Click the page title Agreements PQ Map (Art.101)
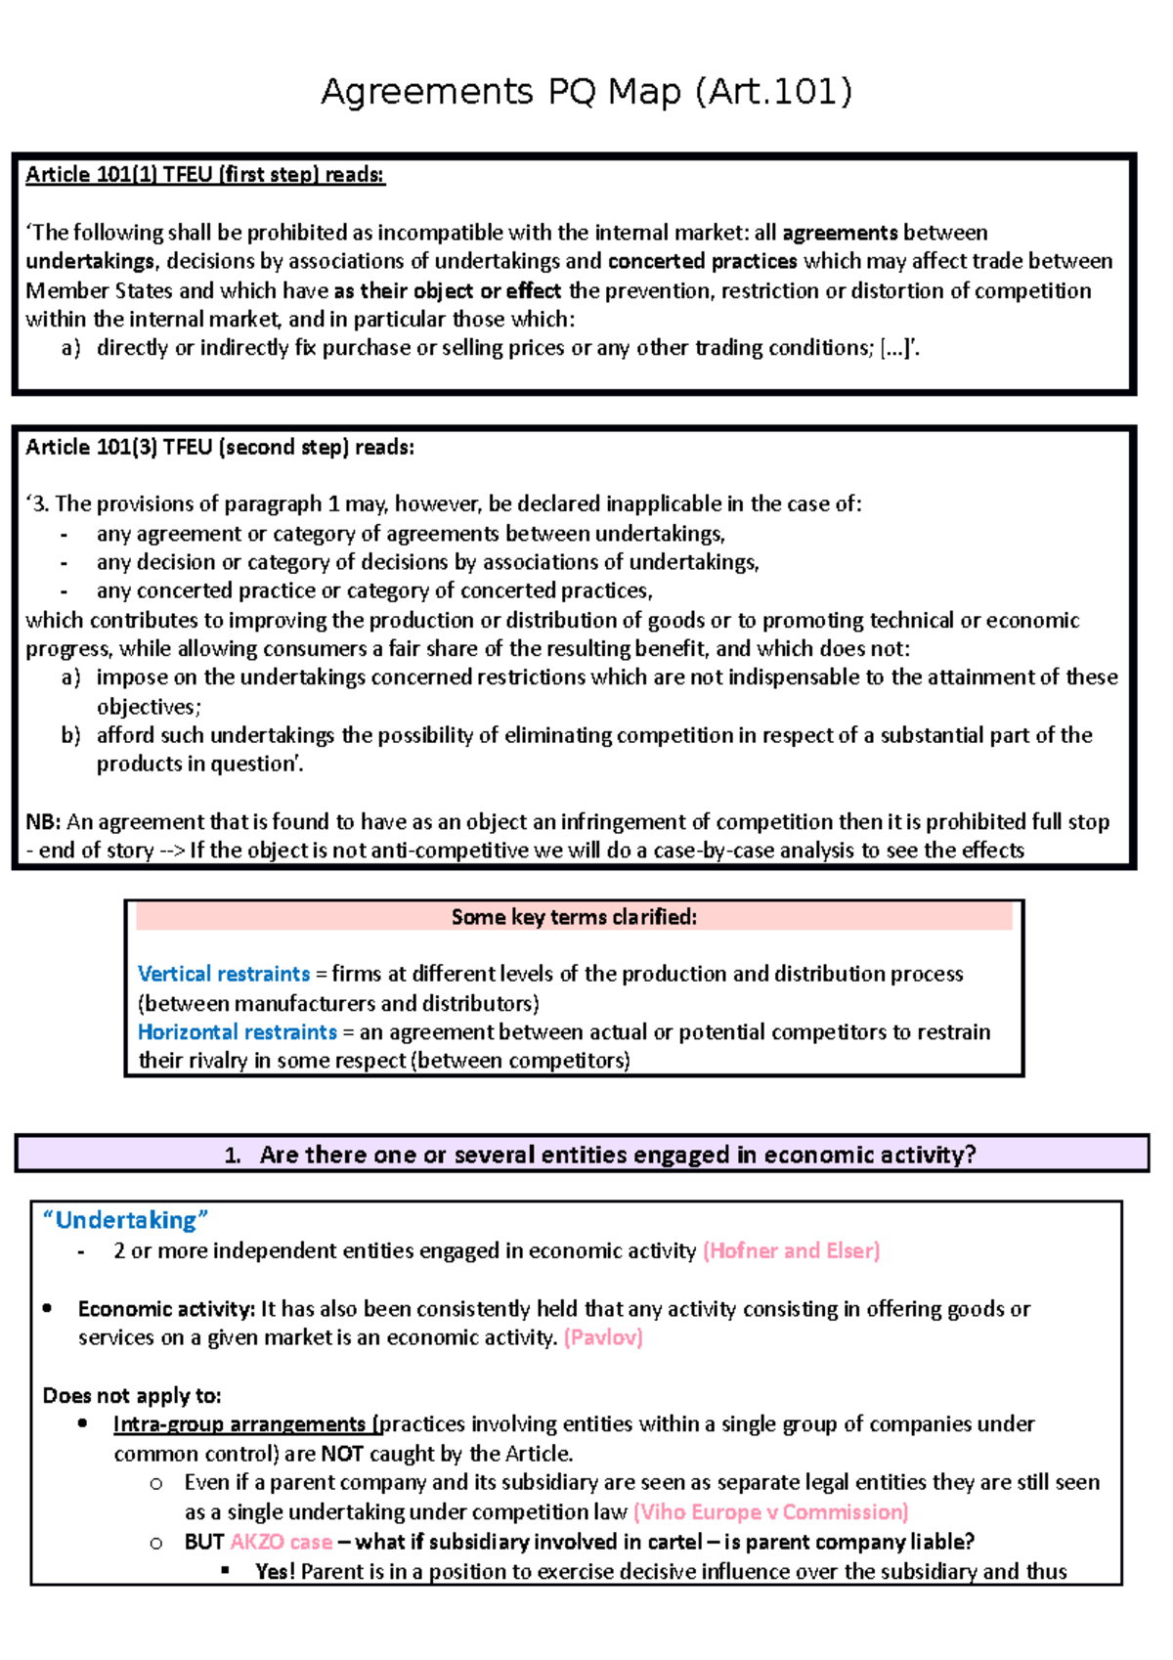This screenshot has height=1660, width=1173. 586,92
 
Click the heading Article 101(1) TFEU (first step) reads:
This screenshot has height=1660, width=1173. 205,175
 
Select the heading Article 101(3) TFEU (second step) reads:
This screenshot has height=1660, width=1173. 219,448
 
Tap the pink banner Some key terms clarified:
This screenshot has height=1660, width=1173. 574,917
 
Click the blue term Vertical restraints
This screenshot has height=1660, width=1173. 223,974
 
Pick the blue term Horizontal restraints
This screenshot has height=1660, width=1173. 237,1032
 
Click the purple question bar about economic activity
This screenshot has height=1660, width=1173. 582,1155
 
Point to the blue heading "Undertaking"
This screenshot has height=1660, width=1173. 125,1220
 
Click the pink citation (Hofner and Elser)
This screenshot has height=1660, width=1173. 791,1250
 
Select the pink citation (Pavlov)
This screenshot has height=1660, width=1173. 603,1337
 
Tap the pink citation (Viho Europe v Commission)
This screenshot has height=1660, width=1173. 770,1512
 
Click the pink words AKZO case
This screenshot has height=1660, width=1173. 281,1542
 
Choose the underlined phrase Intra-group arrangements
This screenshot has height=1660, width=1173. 239,1424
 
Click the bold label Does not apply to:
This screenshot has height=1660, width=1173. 132,1396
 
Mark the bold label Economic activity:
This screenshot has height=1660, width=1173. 166,1309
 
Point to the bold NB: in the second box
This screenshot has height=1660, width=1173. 43,822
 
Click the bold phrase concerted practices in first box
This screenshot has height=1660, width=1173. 702,261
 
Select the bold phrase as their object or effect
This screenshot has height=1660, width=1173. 447,291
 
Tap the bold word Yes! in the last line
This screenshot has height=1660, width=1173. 275,1571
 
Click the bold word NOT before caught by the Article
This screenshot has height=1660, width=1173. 342,1454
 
